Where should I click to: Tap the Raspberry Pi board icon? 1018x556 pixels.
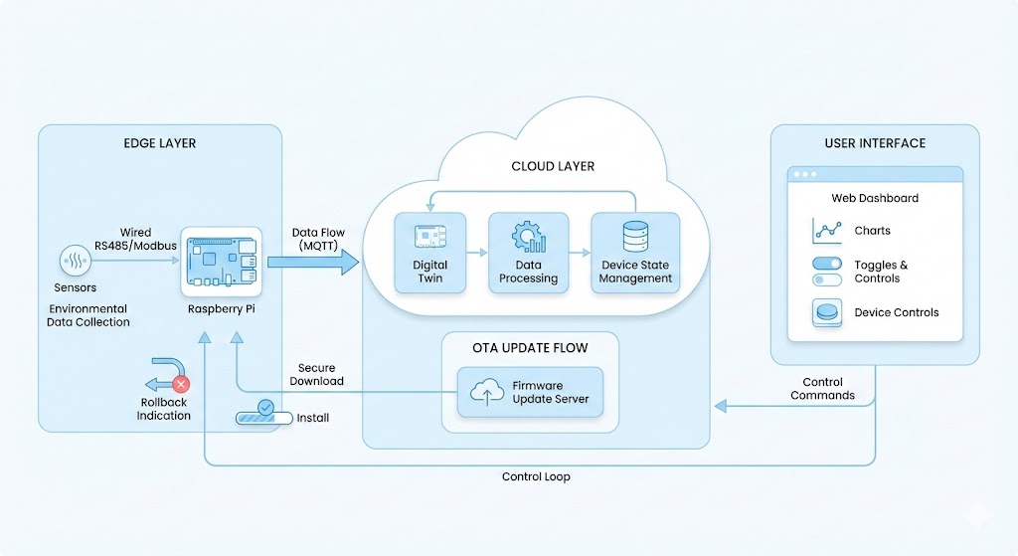221,261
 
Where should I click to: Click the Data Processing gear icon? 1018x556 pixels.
528,238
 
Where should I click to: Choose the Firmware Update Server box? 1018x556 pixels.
530,392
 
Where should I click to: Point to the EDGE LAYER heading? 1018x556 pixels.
160,143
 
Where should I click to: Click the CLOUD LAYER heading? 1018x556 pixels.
553,166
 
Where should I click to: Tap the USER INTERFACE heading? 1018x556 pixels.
875,143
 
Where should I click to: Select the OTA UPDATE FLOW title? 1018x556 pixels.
530,348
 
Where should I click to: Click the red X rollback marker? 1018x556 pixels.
181,382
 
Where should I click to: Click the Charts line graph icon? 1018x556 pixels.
826,231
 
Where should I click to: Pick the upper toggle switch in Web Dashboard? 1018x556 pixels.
826,265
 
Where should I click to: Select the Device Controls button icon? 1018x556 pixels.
826,312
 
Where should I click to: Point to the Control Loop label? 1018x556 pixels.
536,477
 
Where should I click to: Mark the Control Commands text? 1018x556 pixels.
822,389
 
